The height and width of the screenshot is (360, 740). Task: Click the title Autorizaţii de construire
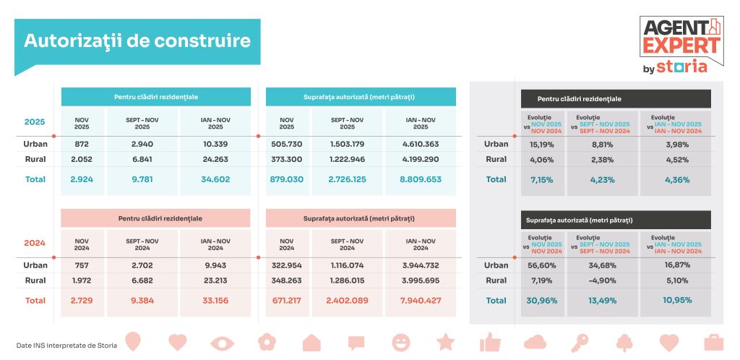(x=137, y=40)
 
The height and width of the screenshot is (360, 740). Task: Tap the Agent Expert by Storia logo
(x=681, y=45)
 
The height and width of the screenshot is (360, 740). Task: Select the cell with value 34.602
(x=215, y=179)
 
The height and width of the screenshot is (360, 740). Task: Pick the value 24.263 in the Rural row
(x=215, y=159)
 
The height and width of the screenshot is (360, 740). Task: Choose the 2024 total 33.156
(x=215, y=300)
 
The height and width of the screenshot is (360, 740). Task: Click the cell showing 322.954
(x=288, y=265)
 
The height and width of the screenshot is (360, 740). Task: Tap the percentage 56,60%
(x=542, y=265)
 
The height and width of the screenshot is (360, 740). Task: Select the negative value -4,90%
(x=602, y=280)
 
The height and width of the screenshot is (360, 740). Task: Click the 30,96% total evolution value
(x=542, y=300)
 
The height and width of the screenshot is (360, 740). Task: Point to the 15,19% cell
(x=542, y=144)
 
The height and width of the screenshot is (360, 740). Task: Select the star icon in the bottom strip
(x=445, y=341)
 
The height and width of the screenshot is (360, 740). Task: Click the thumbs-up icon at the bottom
(x=490, y=341)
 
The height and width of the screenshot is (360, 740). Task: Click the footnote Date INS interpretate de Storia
(x=66, y=346)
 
